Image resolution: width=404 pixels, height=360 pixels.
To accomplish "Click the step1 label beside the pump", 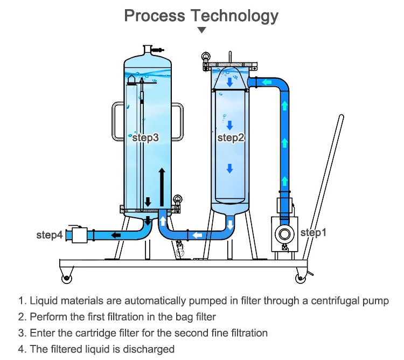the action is pos(314,233).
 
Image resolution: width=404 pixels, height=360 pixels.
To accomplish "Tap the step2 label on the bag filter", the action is pos(231,137).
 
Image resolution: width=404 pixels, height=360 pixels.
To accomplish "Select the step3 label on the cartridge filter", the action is pos(145,137).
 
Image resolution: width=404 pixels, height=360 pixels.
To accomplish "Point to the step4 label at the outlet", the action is pos(50,235).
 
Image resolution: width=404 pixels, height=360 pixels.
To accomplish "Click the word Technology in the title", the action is pos(234,16).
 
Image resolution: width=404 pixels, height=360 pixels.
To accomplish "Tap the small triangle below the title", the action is pos(202,30).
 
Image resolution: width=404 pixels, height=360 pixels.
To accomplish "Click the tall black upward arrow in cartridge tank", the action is pos(162,187).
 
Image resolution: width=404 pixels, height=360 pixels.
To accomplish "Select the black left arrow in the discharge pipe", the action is pos(116,235).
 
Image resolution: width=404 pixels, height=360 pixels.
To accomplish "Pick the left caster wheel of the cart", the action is pos(67,278).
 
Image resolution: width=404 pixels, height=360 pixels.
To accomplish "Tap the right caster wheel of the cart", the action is pos(300,278).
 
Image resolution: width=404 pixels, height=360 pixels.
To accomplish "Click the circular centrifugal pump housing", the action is pos(284,234).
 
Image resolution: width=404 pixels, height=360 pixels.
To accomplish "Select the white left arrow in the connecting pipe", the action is pos(197,235).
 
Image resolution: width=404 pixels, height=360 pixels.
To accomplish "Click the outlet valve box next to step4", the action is pos(79,235).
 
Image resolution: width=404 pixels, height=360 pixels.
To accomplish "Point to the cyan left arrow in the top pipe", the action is pos(267,82).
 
